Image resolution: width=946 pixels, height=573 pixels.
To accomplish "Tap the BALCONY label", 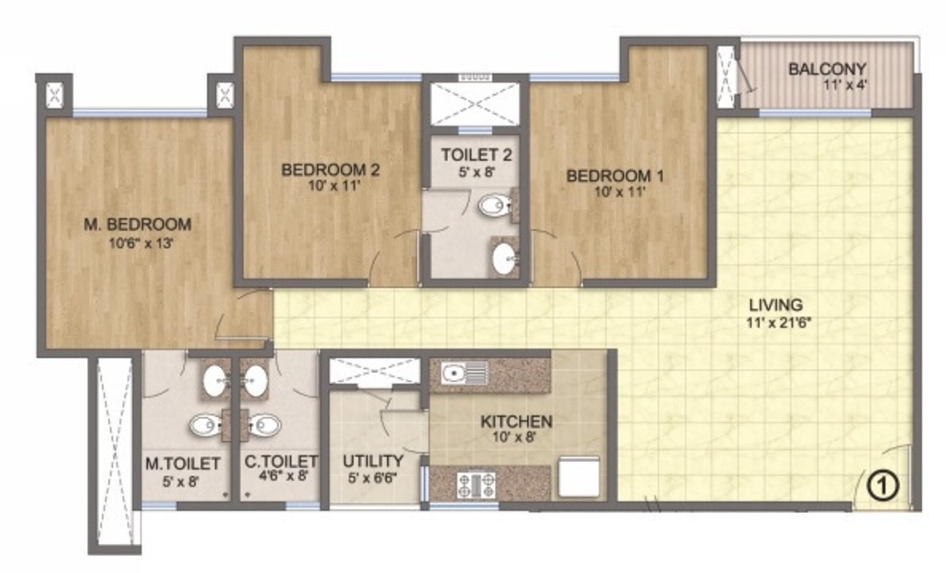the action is click(827, 69).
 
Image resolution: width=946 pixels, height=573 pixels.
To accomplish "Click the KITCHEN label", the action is click(517, 422).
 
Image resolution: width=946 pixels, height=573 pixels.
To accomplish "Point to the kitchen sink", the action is click(465, 373).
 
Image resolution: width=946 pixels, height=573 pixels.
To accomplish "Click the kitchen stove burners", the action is click(476, 485).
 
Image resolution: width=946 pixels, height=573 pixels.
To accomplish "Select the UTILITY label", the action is click(373, 461).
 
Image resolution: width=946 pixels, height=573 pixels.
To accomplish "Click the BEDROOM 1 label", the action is click(615, 176).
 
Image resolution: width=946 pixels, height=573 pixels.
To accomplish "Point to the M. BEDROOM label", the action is click(137, 224).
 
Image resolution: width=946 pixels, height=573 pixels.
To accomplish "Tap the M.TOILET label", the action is click(183, 464).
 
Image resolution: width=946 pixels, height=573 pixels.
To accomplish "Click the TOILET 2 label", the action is click(476, 155).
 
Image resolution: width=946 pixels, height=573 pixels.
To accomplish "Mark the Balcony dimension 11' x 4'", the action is click(845, 85).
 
